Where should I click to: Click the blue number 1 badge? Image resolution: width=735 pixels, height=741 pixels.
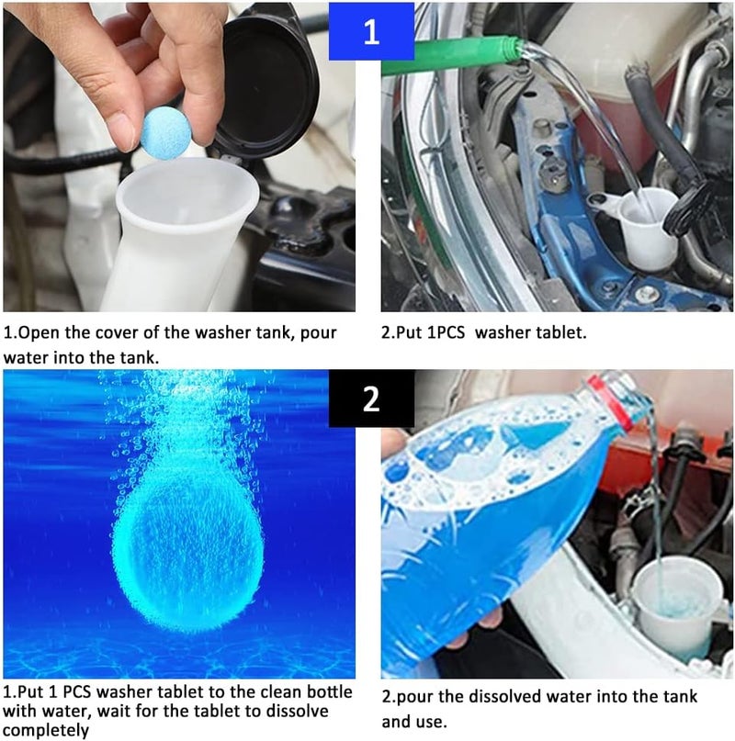pyautogui.click(x=371, y=31)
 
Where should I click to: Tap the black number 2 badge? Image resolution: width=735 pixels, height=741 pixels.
pyautogui.click(x=371, y=399)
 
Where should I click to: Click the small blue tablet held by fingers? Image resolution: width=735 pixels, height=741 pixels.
pyautogui.click(x=165, y=133)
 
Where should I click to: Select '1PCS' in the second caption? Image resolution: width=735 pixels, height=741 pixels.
pyautogui.click(x=446, y=332)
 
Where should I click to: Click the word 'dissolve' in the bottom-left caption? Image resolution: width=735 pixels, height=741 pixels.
pyautogui.click(x=297, y=711)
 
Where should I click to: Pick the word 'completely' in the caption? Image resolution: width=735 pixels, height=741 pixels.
pyautogui.click(x=46, y=731)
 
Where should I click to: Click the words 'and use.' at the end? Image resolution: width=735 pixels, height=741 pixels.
pyautogui.click(x=413, y=722)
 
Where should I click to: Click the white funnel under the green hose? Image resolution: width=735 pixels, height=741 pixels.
pyautogui.click(x=649, y=227)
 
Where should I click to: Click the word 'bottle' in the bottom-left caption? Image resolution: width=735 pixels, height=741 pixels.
pyautogui.click(x=330, y=691)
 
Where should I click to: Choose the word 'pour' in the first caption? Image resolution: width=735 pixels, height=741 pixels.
pyautogui.click(x=319, y=333)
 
